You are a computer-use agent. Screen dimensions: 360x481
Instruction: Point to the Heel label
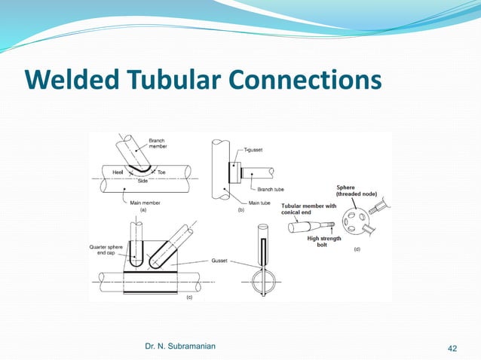pyautogui.click(x=119, y=173)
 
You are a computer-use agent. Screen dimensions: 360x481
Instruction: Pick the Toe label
pyautogui.click(x=161, y=173)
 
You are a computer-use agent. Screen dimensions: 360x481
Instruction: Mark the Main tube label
pyautogui.click(x=260, y=203)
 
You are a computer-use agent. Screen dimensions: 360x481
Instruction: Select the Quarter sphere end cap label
pyautogui.click(x=111, y=250)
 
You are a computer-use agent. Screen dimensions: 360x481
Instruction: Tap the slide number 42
pyautogui.click(x=452, y=347)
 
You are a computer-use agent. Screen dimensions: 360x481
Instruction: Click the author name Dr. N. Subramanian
pyautogui.click(x=179, y=346)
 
